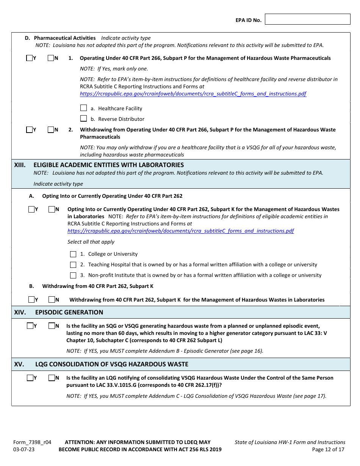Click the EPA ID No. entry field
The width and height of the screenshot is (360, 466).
coord(307,19)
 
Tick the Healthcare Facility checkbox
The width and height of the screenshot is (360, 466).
coord(84,108)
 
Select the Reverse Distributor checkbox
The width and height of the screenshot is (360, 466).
coord(84,119)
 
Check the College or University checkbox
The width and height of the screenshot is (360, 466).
coord(73,254)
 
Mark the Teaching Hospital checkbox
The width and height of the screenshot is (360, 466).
coord(73,265)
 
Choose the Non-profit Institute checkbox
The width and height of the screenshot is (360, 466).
coord(73,275)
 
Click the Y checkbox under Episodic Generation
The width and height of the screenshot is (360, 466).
coord(30,326)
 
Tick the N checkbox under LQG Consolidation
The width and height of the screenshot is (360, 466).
coord(52,378)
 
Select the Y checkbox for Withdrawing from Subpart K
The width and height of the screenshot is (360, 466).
coord(31,300)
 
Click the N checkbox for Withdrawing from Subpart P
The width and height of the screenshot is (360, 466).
coord(51,130)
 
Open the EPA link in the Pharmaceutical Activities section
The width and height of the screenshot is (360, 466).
coord(193,94)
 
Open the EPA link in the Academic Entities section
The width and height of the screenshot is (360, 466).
coord(180,231)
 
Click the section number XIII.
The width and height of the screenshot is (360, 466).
coord(20,165)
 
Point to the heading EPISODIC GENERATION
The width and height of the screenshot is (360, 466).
coord(69,313)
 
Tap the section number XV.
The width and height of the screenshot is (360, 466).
coord(19,364)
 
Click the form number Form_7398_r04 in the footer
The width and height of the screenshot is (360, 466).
coord(32,442)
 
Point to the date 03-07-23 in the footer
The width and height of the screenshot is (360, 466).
coord(23,450)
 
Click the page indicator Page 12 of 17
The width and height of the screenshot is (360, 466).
coord(328,450)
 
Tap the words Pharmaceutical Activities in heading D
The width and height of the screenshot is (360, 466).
coord(65,38)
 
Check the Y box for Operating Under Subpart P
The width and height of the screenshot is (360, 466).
coord(30,58)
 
